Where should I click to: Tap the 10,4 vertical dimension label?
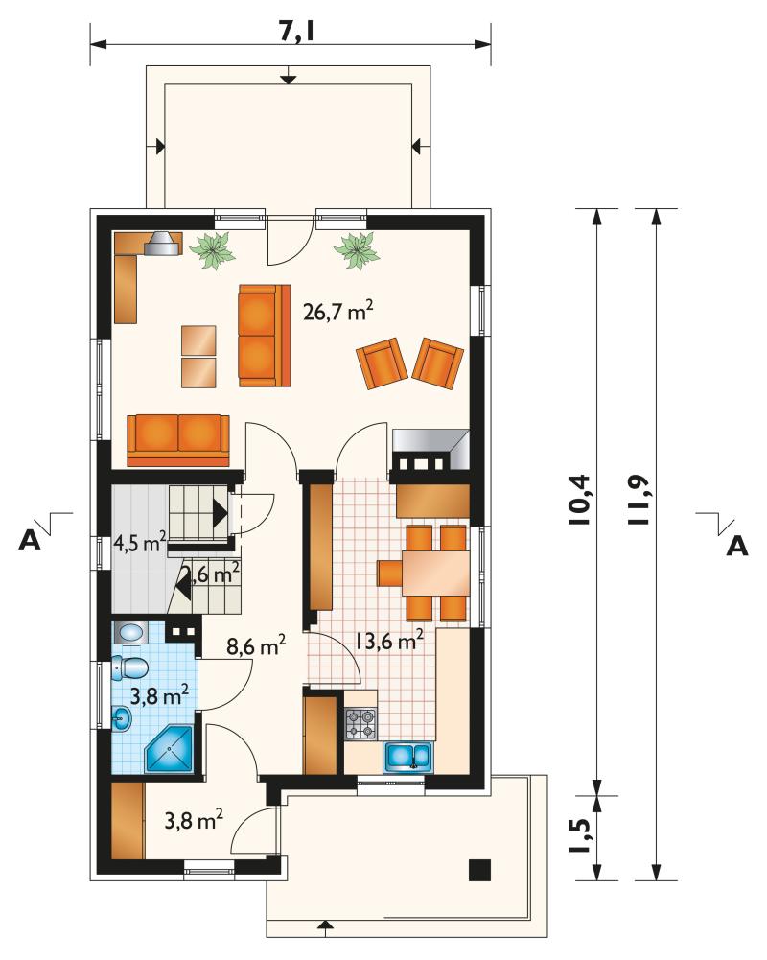point(579,499)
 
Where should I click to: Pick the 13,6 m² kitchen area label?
point(388,641)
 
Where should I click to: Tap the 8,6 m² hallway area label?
point(256,645)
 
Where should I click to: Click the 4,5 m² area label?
point(140,542)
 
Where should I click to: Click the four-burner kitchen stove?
point(361,723)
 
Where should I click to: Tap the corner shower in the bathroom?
point(170,750)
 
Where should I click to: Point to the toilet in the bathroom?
point(129,667)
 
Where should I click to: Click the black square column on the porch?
point(480,870)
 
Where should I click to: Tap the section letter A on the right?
point(737,546)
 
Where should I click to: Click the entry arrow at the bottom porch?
point(325,927)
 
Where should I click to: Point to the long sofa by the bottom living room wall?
point(178,440)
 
